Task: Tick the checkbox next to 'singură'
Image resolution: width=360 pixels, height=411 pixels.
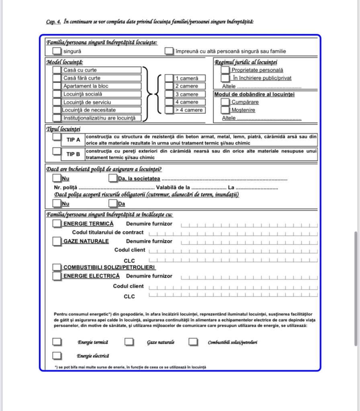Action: (57, 51)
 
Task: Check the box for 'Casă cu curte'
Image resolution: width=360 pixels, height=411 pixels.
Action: (57, 70)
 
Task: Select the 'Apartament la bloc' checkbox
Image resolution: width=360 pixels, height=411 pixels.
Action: (57, 86)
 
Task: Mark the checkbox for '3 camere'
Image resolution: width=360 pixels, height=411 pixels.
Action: (169, 94)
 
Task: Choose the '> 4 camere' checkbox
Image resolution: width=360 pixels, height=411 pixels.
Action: (169, 110)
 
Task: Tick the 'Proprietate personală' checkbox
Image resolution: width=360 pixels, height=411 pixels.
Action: (225, 70)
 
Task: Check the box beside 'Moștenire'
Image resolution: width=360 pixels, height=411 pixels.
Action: (225, 110)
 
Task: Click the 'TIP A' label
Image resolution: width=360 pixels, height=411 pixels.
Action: (73, 140)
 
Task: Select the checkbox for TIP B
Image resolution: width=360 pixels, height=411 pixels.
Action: (57, 151)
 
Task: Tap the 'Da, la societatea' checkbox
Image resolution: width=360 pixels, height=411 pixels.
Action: (113, 178)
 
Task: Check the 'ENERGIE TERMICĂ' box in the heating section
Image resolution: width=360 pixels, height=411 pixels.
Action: (57, 224)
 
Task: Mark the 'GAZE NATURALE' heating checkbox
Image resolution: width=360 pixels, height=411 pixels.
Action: (57, 241)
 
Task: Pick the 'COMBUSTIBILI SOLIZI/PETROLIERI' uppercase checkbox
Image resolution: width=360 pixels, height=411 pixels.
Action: (57, 267)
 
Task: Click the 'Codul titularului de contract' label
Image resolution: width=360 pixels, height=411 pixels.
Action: (108, 232)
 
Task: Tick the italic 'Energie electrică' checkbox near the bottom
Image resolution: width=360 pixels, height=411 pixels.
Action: (57, 356)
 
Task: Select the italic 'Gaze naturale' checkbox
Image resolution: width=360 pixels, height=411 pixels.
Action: (129, 342)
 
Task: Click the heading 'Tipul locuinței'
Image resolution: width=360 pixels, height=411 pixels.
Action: (63, 128)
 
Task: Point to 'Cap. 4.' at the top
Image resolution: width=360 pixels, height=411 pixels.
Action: (53, 22)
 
